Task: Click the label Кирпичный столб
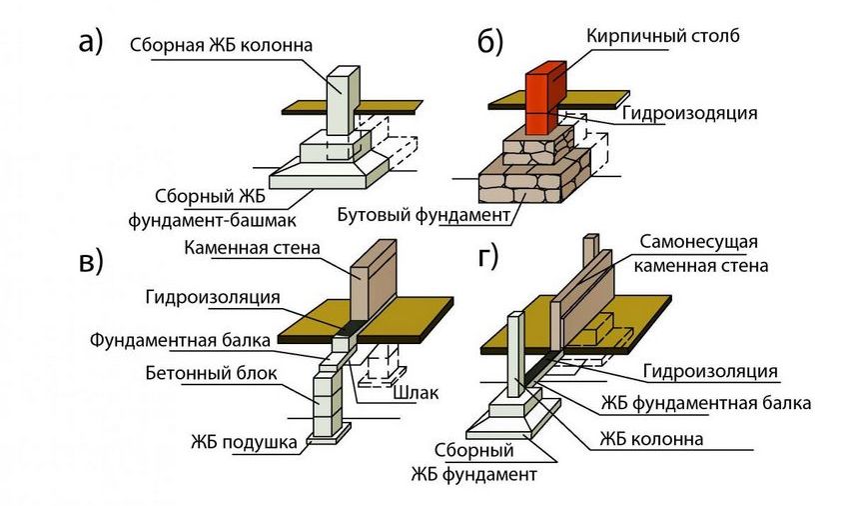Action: pyautogui.click(x=661, y=37)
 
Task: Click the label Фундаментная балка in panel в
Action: pyautogui.click(x=179, y=339)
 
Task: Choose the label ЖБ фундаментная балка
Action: pyautogui.click(x=704, y=404)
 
